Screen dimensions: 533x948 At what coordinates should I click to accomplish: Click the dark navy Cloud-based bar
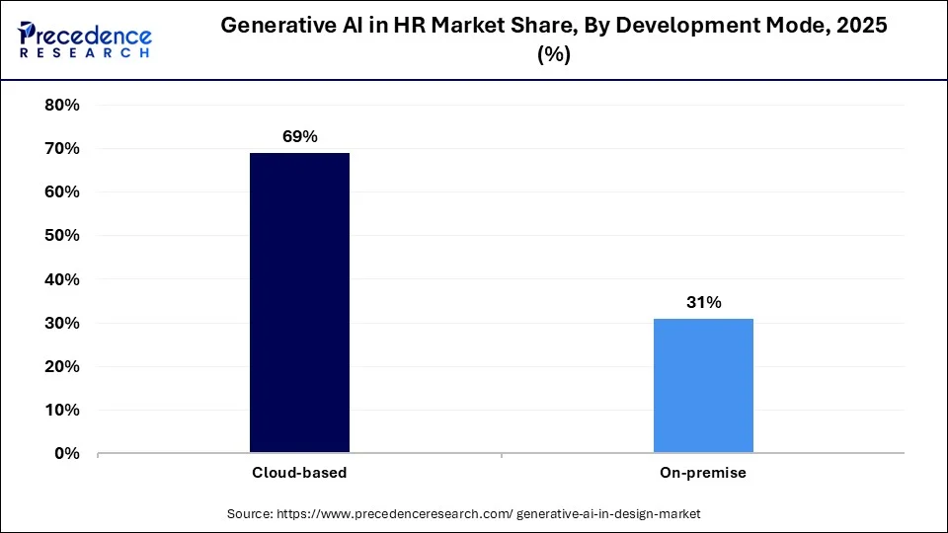coord(299,303)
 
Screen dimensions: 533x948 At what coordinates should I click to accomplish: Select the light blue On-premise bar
coord(703,386)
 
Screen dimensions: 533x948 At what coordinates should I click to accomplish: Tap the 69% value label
coord(298,136)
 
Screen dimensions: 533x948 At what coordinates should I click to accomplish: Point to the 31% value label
coord(703,302)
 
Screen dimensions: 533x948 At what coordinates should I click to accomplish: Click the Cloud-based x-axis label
coord(298,473)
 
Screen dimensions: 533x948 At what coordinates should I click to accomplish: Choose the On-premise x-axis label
coord(703,473)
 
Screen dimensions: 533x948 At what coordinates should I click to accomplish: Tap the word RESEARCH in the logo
coord(84,53)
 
